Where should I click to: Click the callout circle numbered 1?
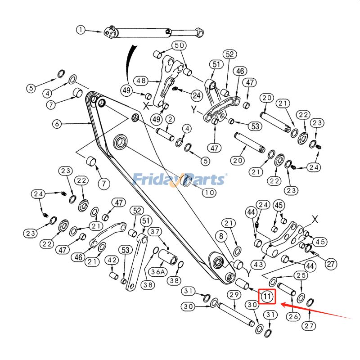click(x=81, y=30)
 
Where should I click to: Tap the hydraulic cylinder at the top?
click(x=153, y=32)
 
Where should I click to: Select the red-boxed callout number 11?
click(x=267, y=297)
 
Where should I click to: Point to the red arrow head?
click(x=282, y=305)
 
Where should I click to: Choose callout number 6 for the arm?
click(x=56, y=123)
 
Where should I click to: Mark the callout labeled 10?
click(x=208, y=193)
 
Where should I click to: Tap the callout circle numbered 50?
click(x=180, y=45)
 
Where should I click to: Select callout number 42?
click(x=112, y=261)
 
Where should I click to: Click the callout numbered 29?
click(x=233, y=295)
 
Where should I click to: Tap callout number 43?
click(x=258, y=265)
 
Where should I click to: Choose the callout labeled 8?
click(x=221, y=236)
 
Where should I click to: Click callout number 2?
click(x=170, y=119)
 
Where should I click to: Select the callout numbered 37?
click(x=155, y=232)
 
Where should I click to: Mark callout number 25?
click(x=301, y=275)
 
